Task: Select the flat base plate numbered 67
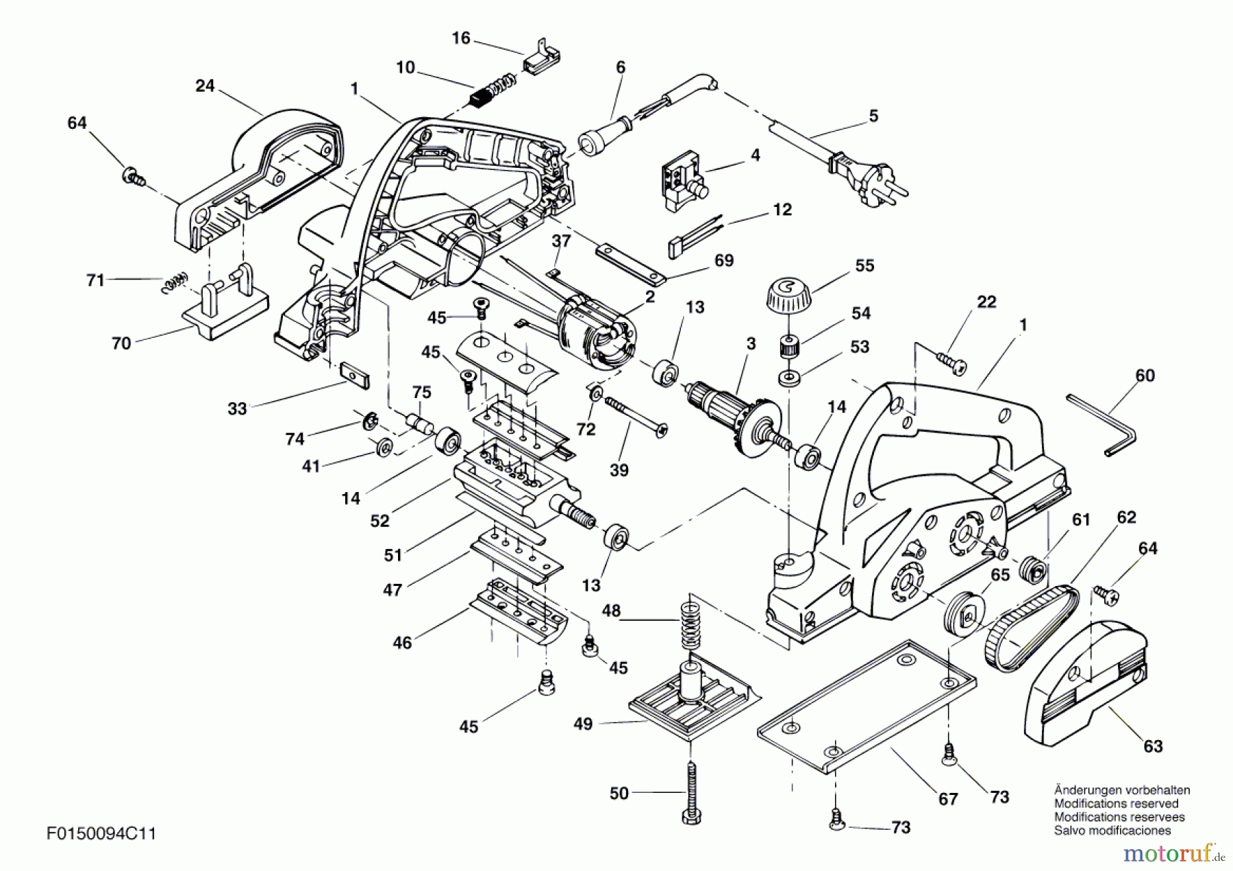click(x=867, y=706)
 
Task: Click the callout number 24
click(x=205, y=86)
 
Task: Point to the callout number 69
click(x=723, y=260)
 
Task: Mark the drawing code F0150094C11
click(x=101, y=834)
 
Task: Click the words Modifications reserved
click(x=1116, y=803)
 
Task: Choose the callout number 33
click(x=237, y=409)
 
